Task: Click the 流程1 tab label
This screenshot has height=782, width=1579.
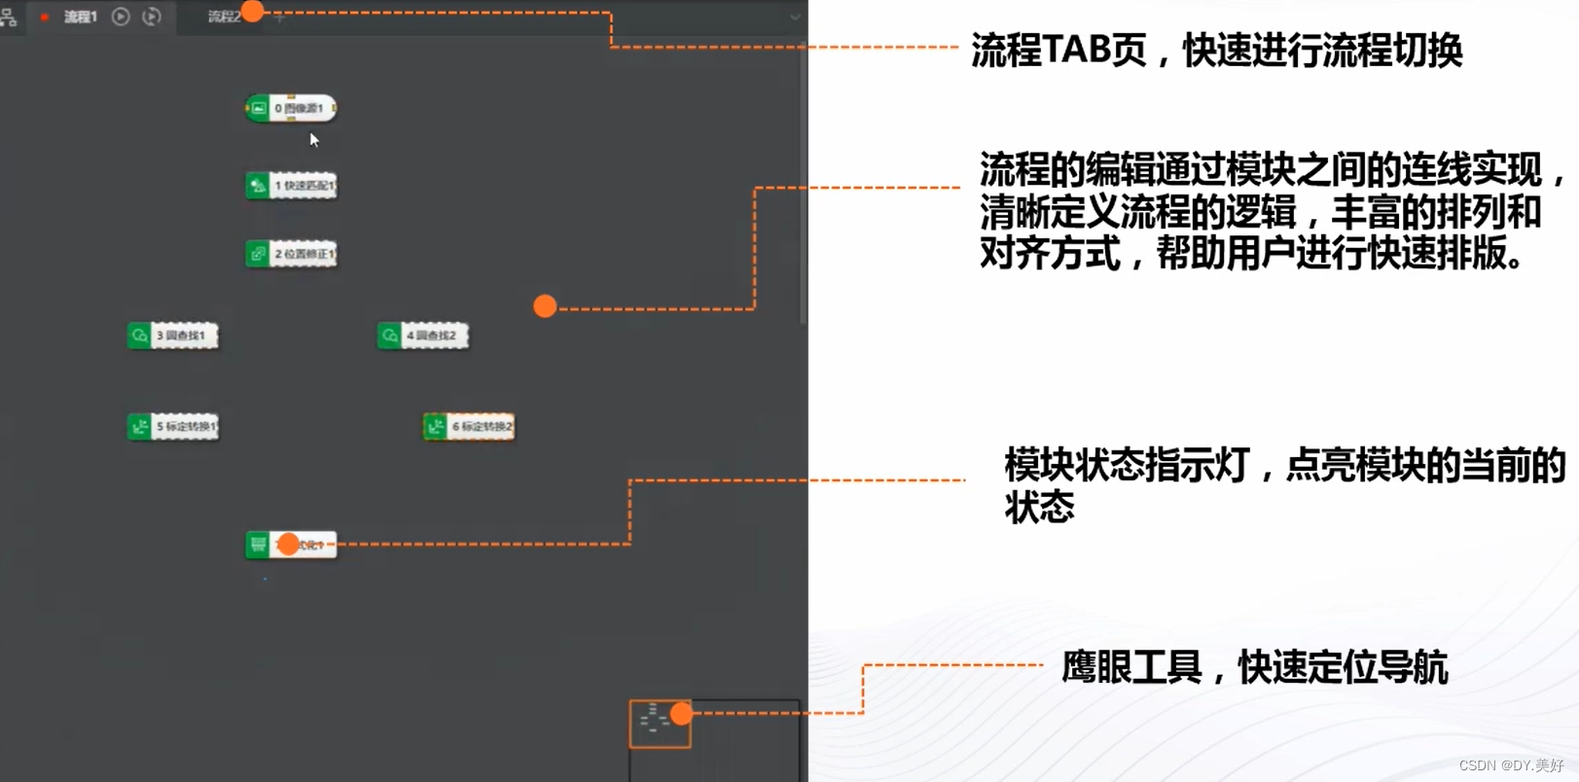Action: point(81,17)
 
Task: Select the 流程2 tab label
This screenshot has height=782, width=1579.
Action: point(223,17)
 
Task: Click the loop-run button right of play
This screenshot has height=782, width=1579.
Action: point(152,17)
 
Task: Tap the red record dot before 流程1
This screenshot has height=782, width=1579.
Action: point(45,17)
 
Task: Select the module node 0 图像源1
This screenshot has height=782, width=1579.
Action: point(291,108)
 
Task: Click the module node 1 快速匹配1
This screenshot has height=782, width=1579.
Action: point(291,186)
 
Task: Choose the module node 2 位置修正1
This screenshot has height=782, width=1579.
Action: point(291,254)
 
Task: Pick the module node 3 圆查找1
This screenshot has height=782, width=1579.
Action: point(173,336)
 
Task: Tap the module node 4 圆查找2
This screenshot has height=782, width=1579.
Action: point(423,336)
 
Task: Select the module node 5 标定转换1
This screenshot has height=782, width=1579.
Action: point(173,426)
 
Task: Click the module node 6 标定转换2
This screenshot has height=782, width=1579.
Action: point(469,426)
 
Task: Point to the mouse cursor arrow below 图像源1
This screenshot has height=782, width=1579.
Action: point(313,139)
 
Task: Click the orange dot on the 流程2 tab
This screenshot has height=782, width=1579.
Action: point(252,12)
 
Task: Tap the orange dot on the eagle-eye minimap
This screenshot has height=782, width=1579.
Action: point(681,714)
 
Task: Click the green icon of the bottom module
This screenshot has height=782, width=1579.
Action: point(258,545)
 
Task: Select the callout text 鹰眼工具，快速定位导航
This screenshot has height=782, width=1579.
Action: point(1254,668)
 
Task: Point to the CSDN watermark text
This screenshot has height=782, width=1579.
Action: point(1510,765)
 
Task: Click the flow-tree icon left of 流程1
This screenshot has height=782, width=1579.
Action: point(9,17)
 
